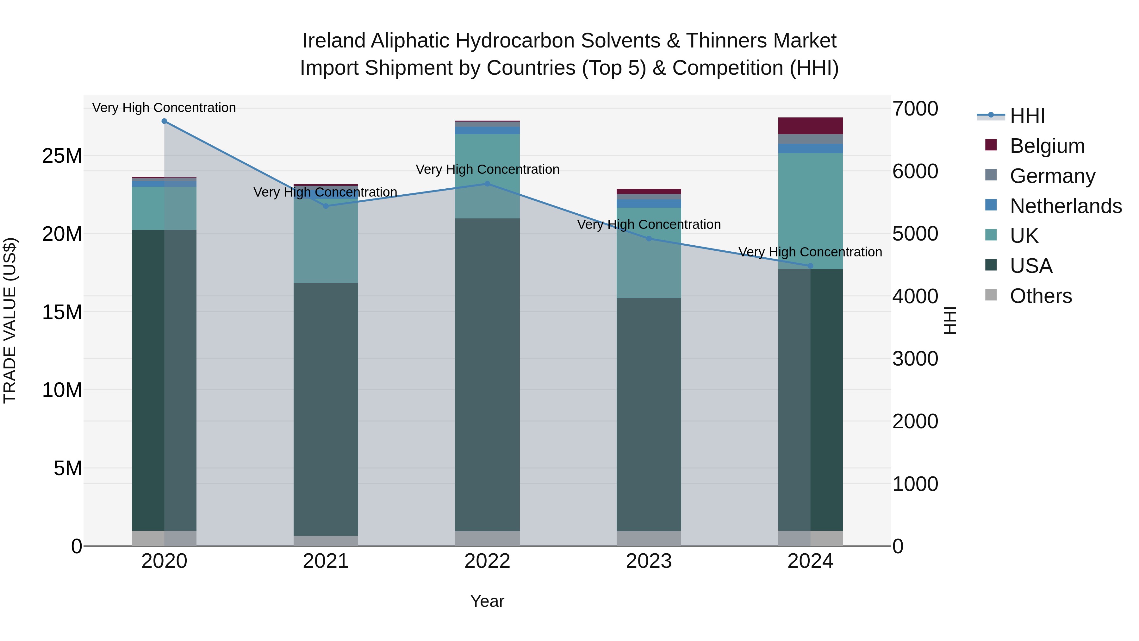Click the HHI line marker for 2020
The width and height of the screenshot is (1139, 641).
click(164, 121)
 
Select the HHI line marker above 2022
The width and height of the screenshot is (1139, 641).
click(487, 184)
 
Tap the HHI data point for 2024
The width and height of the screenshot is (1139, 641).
click(810, 266)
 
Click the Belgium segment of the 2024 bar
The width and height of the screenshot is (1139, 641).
click(810, 126)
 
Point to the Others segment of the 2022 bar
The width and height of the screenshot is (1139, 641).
click(487, 538)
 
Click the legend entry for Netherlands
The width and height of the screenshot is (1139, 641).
click(1066, 206)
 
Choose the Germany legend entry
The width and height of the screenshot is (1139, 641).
click(1052, 176)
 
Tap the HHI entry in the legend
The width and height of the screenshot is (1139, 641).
click(1027, 116)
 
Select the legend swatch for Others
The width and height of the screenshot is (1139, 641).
click(991, 295)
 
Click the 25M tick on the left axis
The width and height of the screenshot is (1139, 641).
click(62, 156)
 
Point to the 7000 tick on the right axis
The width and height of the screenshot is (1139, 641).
click(915, 109)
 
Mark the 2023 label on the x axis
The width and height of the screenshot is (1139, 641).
click(649, 561)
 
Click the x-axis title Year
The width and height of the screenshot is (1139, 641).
click(487, 601)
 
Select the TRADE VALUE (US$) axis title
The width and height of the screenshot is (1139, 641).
click(10, 320)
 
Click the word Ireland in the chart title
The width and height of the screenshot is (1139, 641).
click(334, 41)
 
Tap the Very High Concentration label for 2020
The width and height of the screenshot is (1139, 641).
click(164, 108)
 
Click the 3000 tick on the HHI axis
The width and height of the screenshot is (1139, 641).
click(915, 359)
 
